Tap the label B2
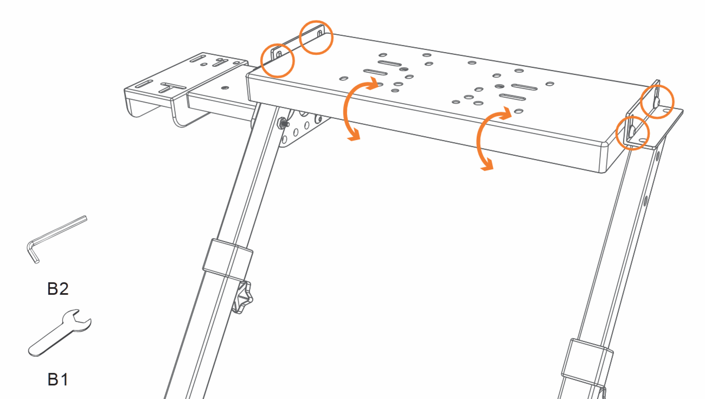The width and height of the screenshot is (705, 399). (x=58, y=289)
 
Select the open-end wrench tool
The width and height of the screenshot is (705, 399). (x=59, y=332)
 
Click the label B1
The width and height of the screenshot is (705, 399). (x=58, y=379)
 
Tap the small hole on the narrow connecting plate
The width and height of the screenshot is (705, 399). (x=225, y=88)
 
